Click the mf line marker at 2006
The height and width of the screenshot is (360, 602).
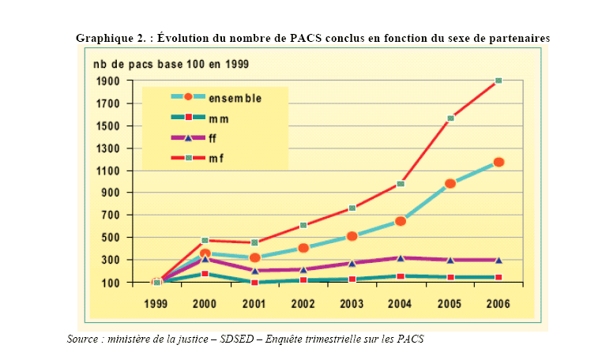click(x=499, y=81)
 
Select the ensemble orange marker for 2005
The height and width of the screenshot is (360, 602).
click(x=450, y=184)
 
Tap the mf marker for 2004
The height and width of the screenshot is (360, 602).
click(x=401, y=184)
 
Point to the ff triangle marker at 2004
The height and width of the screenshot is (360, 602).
click(x=401, y=257)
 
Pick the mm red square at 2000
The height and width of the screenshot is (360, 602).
click(x=205, y=273)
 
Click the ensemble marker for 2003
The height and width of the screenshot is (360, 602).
click(x=352, y=236)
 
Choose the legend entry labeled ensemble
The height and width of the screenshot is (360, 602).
click(x=235, y=98)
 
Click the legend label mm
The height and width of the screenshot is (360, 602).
click(x=218, y=118)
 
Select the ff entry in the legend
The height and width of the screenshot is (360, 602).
click(x=213, y=139)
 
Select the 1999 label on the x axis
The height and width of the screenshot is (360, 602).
click(x=156, y=302)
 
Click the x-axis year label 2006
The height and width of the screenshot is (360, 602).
click(x=499, y=302)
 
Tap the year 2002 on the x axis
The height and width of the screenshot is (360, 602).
click(x=303, y=302)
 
